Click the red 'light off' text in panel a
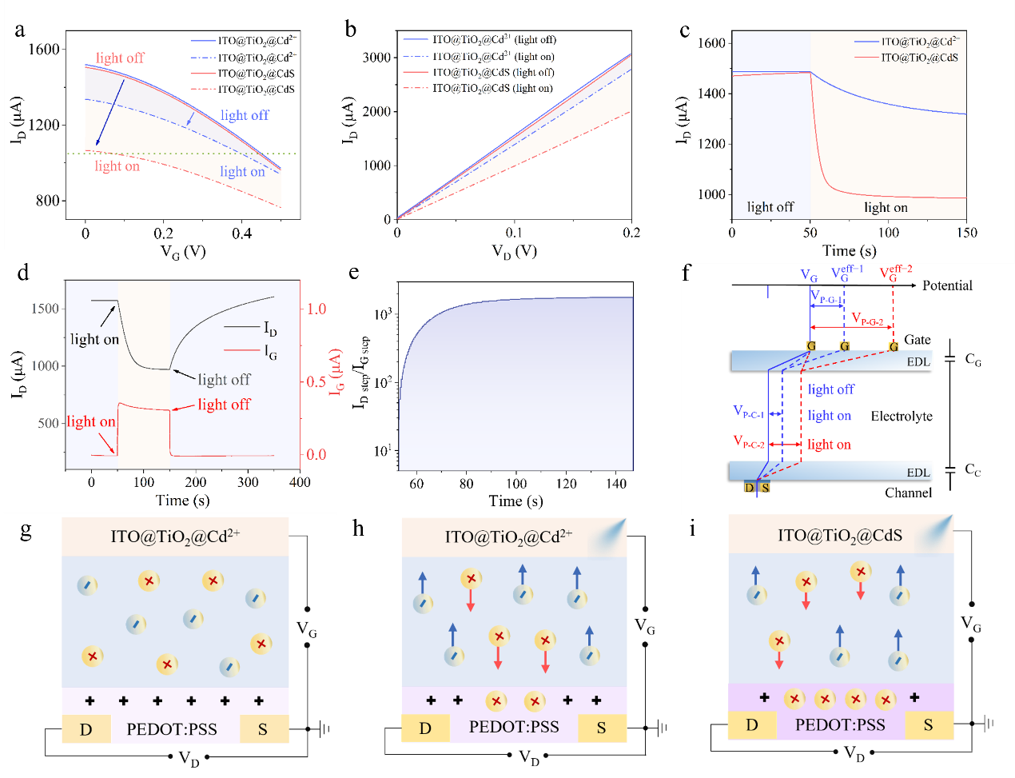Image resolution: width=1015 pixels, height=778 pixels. click(120, 58)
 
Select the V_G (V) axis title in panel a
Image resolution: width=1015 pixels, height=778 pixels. click(183, 252)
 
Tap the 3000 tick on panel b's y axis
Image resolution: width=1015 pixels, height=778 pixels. click(376, 58)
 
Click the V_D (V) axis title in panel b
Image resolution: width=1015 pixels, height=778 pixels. click(514, 251)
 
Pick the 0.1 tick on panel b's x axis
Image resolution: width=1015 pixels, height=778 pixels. click(514, 233)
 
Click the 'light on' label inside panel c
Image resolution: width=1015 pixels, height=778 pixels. click(886, 208)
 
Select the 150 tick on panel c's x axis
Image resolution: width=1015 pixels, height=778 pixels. click(966, 233)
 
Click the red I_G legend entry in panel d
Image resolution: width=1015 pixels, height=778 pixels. click(270, 351)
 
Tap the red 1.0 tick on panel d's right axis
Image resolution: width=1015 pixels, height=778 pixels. click(316, 309)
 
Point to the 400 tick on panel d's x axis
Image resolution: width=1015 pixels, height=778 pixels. click(300, 482)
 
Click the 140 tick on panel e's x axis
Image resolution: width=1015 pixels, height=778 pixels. click(616, 484)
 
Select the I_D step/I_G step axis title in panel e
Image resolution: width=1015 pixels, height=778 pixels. click(361, 372)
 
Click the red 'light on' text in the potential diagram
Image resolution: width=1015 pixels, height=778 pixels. click(829, 445)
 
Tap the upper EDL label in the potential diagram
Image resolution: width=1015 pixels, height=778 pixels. click(918, 362)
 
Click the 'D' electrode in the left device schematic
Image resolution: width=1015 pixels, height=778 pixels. click(86, 730)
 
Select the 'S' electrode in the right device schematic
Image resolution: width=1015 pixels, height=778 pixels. click(929, 725)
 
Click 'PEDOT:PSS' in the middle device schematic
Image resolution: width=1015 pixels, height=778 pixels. click(514, 727)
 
